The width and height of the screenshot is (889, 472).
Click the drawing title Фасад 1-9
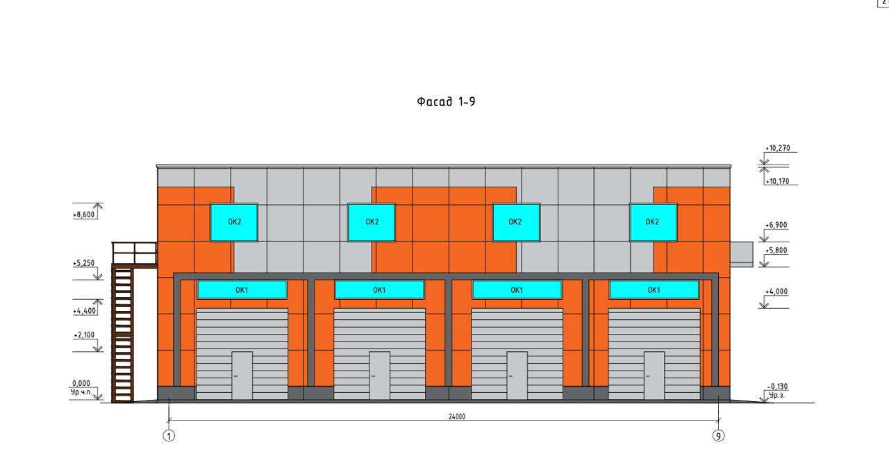point(446,102)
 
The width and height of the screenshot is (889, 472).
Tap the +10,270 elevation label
point(777,148)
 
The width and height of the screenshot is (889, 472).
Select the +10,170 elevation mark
point(777,181)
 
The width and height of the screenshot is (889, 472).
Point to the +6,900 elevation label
point(776,225)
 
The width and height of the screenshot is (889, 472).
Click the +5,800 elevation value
point(776,251)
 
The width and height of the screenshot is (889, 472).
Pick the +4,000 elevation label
point(776,292)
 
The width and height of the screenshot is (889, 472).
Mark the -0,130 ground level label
point(777,387)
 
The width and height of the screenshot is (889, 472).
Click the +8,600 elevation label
point(84,214)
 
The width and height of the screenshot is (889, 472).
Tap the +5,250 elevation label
point(84,263)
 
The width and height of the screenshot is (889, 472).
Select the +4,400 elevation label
point(85,311)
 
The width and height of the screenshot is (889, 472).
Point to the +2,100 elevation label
point(84,335)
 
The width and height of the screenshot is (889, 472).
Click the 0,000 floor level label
point(81,383)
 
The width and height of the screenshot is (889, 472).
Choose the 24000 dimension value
point(457,416)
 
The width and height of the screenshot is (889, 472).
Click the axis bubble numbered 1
point(169,436)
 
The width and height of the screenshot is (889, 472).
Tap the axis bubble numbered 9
point(718,436)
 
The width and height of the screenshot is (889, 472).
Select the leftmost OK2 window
point(234,223)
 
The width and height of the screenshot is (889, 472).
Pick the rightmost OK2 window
point(654,223)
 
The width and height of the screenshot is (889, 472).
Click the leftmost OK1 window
point(242,290)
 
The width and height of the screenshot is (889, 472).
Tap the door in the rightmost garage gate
point(654,376)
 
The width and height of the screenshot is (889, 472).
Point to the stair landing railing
point(135,253)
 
